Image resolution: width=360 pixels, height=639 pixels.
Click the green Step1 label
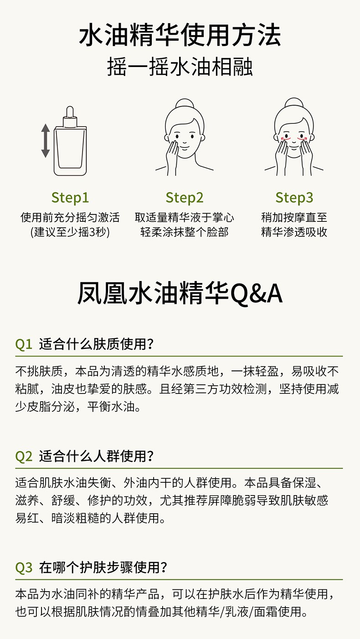70,198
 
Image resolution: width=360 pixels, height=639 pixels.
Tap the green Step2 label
185,198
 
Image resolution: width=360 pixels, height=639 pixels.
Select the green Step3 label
294,198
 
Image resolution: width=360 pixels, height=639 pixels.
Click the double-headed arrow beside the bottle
46,141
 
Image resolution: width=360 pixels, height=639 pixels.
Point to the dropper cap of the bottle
70,117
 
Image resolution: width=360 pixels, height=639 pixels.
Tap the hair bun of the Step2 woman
185,103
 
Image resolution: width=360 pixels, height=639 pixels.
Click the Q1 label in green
23,344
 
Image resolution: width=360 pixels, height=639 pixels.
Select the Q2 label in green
23,456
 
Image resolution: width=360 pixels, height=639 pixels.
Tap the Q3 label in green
24,567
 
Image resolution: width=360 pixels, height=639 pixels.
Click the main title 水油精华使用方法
180,35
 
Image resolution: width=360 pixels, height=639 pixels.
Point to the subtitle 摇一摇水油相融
180,67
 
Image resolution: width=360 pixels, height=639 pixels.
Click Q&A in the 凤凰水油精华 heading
257,294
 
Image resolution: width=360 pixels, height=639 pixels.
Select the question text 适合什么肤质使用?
96,344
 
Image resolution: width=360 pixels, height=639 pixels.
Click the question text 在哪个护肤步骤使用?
103,567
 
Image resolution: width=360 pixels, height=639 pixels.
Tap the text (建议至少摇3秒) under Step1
70,232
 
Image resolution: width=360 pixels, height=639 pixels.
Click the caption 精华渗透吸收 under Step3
294,232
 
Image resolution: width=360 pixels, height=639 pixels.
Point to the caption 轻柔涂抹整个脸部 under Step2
185,232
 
